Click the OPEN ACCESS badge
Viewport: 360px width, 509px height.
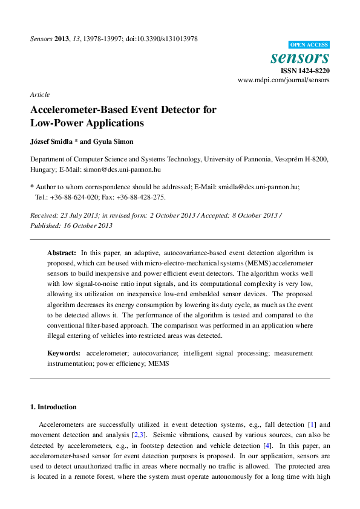(309, 45)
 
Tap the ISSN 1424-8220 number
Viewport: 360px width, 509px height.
(306, 71)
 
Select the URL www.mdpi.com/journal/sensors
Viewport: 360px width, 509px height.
(284, 80)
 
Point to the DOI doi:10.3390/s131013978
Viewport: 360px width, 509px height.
(162, 39)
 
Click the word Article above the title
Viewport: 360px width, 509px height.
(39, 94)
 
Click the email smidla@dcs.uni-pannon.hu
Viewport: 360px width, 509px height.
(259, 187)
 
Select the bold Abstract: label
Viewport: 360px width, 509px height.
(62, 252)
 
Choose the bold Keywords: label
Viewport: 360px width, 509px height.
(64, 352)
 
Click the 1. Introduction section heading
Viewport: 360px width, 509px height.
(53, 407)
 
